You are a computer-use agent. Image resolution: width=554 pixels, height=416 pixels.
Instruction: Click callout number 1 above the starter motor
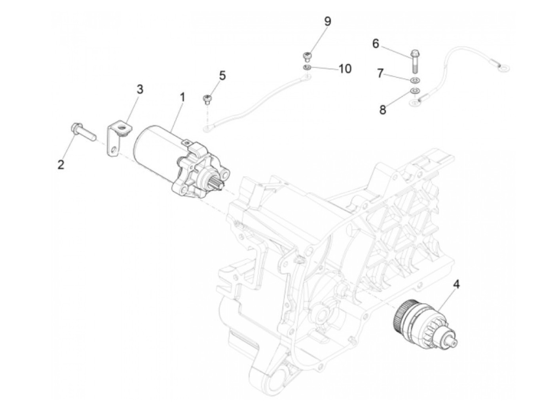click(182, 96)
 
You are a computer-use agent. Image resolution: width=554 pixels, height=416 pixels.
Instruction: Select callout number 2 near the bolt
click(61, 164)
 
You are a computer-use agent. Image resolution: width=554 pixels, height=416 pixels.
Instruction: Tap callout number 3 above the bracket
click(140, 89)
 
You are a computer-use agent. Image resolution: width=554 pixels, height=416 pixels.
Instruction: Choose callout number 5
click(222, 75)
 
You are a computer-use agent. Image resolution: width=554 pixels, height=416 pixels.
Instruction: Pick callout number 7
click(380, 73)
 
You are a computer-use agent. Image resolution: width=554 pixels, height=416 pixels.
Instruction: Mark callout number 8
click(383, 110)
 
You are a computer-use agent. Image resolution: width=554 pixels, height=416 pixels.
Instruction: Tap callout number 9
click(327, 21)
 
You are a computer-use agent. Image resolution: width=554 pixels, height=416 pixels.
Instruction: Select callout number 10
click(345, 69)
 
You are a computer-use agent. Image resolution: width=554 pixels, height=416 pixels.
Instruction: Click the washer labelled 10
click(307, 68)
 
